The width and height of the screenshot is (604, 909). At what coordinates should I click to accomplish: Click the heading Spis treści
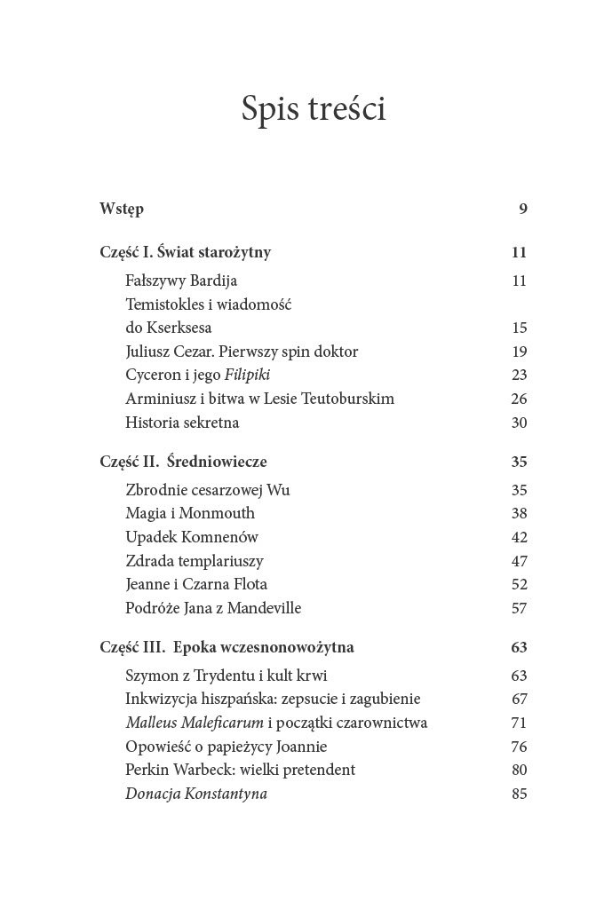(314, 109)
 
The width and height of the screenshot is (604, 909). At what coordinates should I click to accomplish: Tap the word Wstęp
(122, 209)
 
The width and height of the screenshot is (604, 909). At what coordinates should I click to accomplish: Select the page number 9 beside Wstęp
(523, 209)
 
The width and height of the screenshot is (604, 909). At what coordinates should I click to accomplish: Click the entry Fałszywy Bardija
(181, 281)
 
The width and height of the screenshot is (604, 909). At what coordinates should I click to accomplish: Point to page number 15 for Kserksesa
(520, 328)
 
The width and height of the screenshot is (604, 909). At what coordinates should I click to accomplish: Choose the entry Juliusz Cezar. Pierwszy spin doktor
(242, 352)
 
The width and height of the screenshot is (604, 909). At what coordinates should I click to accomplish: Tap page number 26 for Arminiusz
(520, 399)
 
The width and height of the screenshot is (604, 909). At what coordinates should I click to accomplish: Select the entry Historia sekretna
(182, 423)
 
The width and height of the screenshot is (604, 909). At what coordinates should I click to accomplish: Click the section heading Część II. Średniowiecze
(184, 462)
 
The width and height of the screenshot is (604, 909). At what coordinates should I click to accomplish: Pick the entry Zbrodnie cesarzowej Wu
(208, 490)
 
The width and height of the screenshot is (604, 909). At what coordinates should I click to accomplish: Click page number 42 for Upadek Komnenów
(520, 537)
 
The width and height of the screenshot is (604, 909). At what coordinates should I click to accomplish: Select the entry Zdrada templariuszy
(195, 561)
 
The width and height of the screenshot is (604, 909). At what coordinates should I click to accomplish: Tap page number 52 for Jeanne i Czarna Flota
(520, 584)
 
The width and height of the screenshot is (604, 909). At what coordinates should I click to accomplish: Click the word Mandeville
(265, 608)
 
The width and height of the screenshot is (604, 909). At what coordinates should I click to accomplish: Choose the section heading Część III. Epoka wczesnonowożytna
(227, 647)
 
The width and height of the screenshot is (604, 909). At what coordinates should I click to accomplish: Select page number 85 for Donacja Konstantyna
(520, 794)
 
